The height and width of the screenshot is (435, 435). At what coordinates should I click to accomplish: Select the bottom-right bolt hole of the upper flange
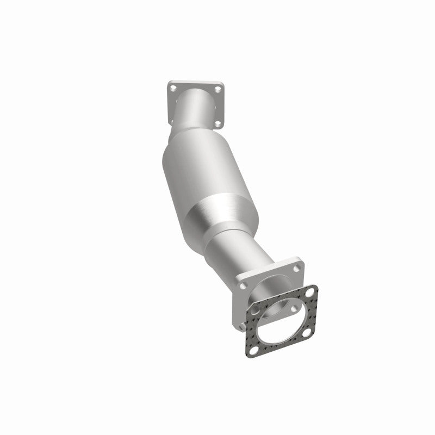[218, 124]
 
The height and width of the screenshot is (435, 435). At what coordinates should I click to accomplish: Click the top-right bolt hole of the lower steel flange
[297, 269]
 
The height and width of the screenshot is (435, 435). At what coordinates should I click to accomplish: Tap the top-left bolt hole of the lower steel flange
[243, 285]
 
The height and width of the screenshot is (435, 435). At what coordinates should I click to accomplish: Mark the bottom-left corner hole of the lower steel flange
[242, 327]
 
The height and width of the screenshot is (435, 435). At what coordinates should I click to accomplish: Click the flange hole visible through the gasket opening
[294, 309]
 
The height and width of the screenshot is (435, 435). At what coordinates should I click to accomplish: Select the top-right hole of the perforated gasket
[310, 293]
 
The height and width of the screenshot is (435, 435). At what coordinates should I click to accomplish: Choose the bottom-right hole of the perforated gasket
[307, 333]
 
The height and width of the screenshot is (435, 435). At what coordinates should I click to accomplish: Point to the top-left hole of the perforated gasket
[254, 310]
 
